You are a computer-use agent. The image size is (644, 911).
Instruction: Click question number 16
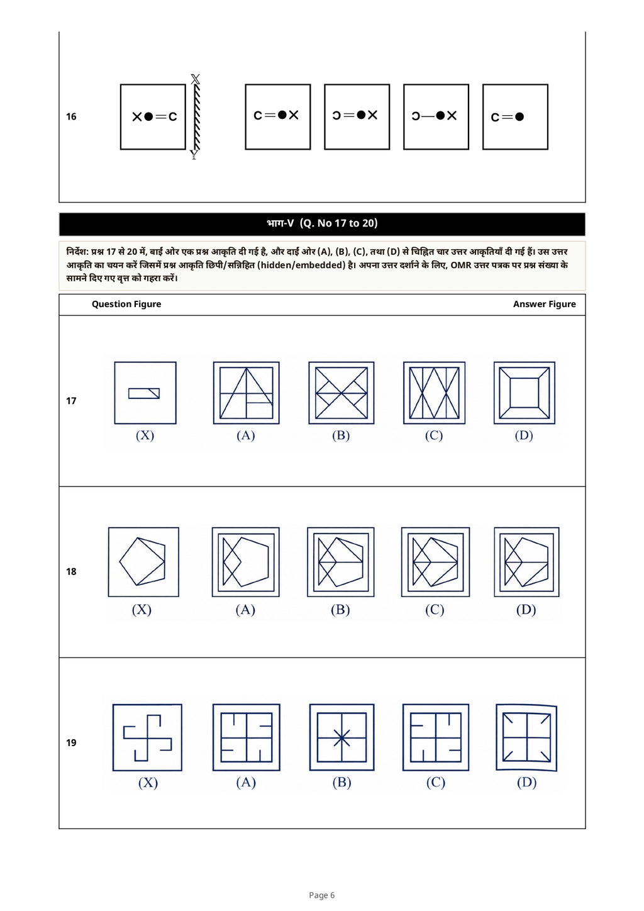pos(71,117)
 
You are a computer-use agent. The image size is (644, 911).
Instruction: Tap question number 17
pos(71,401)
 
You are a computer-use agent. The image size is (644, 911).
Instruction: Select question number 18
pos(71,572)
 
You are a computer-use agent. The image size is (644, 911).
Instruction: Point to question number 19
pos(71,743)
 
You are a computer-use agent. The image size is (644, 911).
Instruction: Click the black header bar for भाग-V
pos(322,224)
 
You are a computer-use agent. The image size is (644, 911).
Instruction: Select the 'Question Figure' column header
pos(126,305)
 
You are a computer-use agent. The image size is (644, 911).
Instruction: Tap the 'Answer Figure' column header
pos(545,305)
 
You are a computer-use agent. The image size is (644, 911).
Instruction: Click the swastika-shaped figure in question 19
pos(147,737)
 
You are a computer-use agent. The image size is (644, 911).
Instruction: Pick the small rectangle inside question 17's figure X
pos(144,393)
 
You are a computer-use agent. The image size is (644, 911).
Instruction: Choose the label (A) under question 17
pos(245,435)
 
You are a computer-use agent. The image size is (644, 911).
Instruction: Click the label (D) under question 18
pos(526,610)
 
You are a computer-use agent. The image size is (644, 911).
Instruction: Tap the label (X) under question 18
pos(142,610)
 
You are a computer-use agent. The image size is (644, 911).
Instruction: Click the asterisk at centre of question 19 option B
pos(341,738)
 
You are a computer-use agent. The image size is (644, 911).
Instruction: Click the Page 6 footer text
pos(321,895)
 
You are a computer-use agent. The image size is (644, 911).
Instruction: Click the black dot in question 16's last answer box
pos(519,117)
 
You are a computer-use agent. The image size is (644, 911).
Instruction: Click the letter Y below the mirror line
pos(194,155)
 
